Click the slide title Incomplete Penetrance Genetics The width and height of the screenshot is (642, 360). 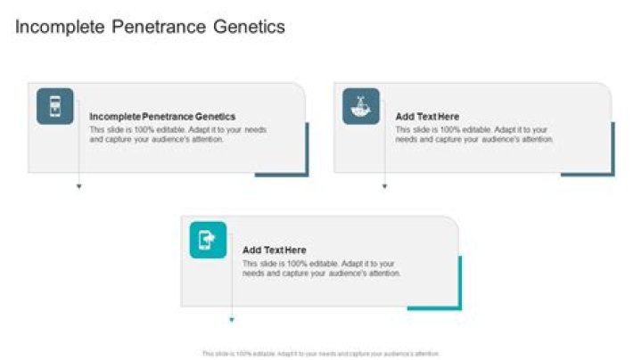coord(151,28)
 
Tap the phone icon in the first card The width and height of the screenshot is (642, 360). coord(54,106)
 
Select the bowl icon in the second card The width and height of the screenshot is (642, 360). coord(360,106)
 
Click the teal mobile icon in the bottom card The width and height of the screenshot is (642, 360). coord(208,240)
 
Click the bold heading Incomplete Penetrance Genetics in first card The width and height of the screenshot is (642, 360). coord(163,117)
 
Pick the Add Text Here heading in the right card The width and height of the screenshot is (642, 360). coord(427,117)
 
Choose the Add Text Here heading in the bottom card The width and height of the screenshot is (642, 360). coord(275,250)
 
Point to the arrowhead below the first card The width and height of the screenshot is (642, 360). coord(78,187)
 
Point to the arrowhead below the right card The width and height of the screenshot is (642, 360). coord(384,187)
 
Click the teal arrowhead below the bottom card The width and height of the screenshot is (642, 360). coord(232,320)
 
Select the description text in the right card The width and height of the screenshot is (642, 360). coord(474,135)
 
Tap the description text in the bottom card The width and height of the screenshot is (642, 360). coord(322,268)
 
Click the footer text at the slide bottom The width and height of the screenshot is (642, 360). coord(321,353)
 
